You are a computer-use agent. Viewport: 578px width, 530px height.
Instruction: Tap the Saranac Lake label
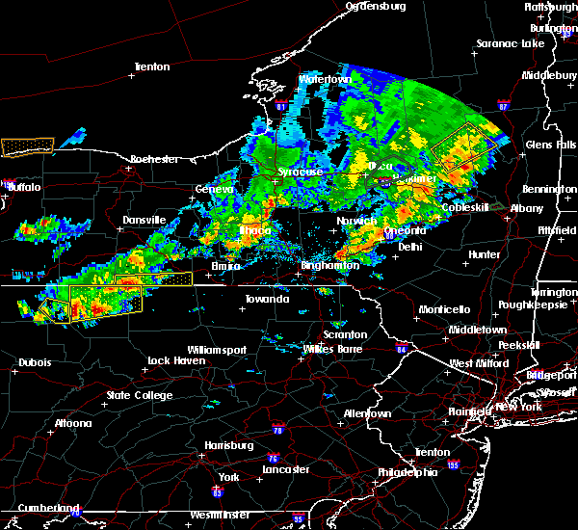[x=511, y=44]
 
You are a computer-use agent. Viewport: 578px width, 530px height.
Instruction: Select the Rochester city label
[x=155, y=158]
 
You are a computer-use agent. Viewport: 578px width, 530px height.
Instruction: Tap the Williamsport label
[x=217, y=349]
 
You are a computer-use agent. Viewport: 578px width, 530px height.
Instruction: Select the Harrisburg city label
[x=228, y=445]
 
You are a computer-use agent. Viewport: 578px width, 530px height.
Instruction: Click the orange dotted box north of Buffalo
[x=28, y=146]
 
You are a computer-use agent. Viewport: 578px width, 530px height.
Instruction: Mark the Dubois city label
[x=34, y=363]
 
